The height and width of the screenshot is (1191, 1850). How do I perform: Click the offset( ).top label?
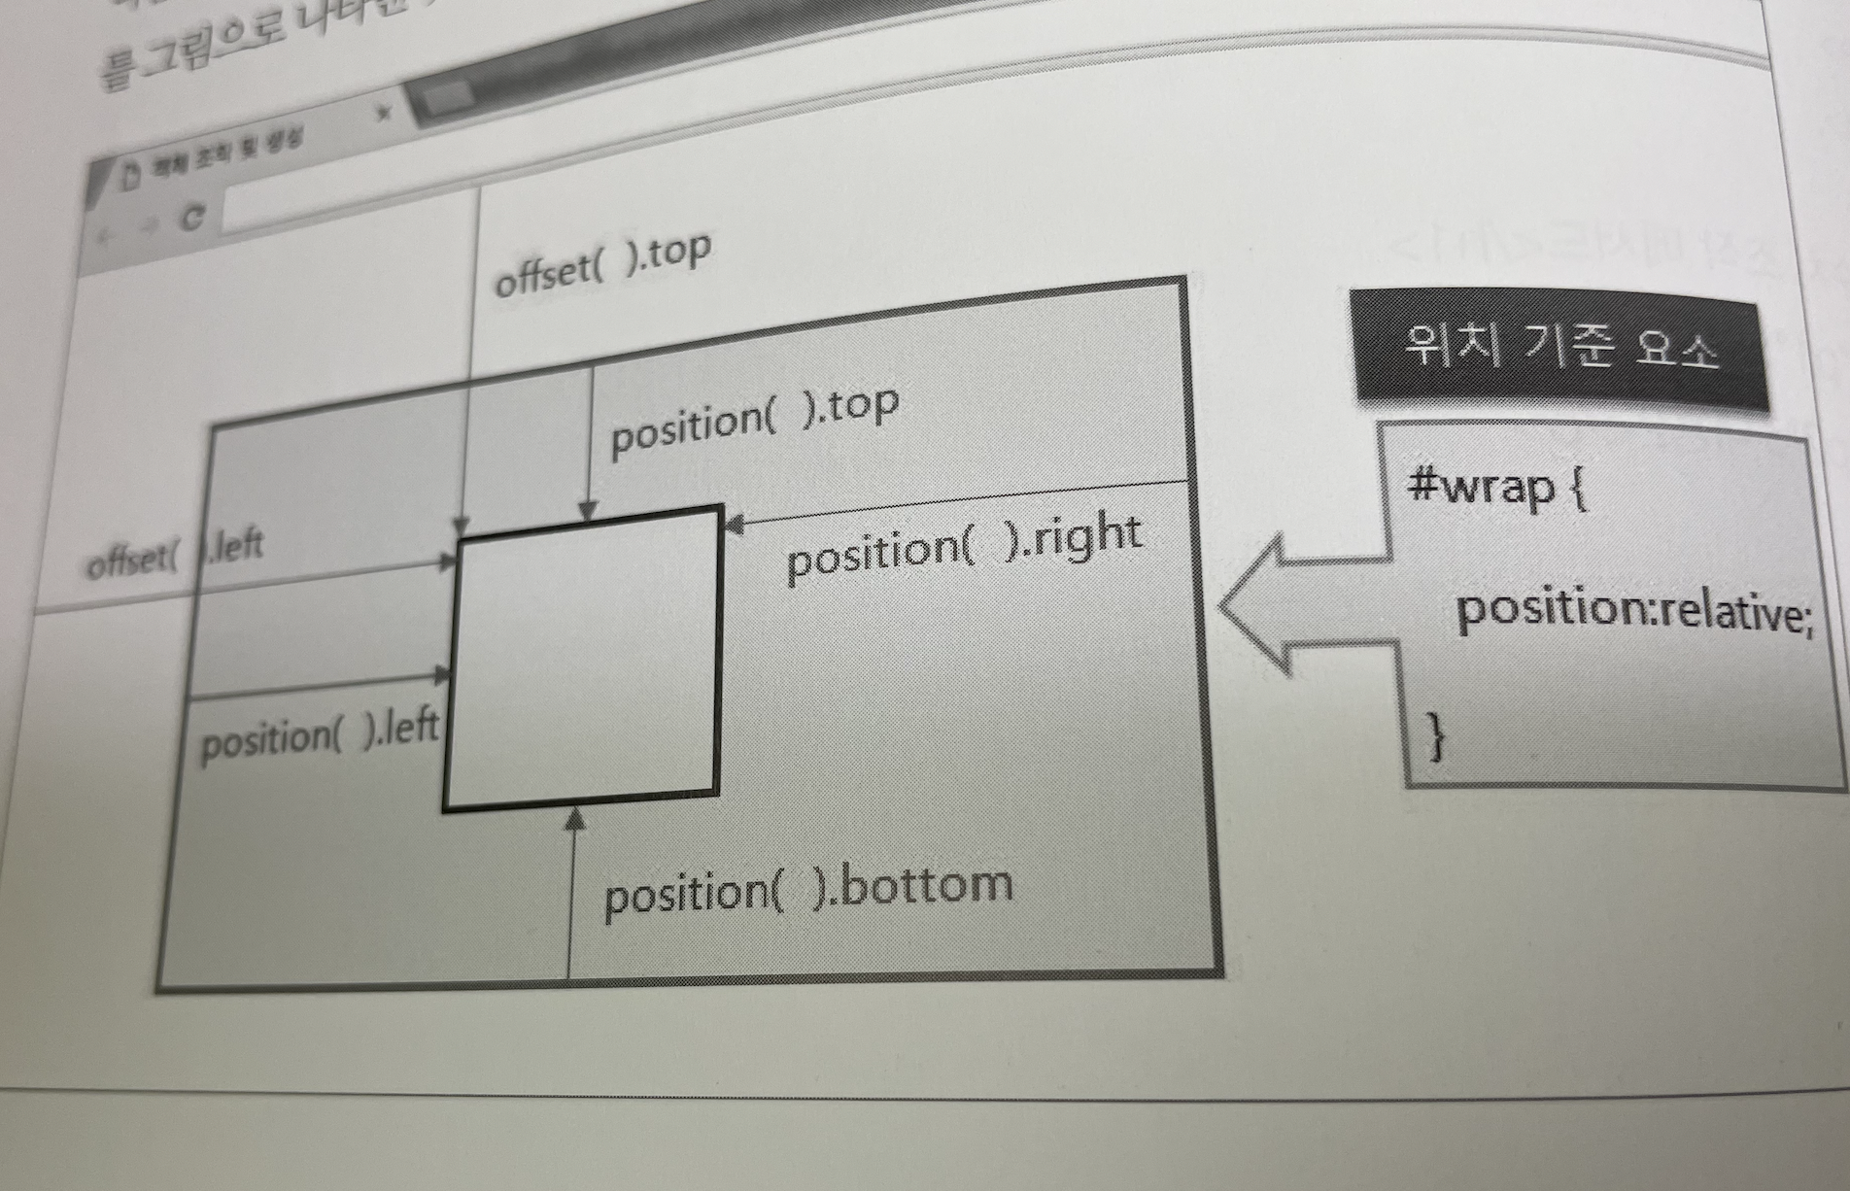pos(603,263)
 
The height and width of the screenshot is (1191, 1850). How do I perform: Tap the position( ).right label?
pos(963,547)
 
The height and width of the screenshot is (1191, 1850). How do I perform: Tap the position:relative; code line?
pos(1633,611)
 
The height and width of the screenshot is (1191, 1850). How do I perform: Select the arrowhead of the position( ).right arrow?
pos(734,525)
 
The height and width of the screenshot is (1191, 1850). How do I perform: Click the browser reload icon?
pos(193,218)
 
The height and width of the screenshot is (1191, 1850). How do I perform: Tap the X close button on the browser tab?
pos(385,113)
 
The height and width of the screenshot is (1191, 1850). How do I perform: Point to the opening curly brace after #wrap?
pos(1579,489)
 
